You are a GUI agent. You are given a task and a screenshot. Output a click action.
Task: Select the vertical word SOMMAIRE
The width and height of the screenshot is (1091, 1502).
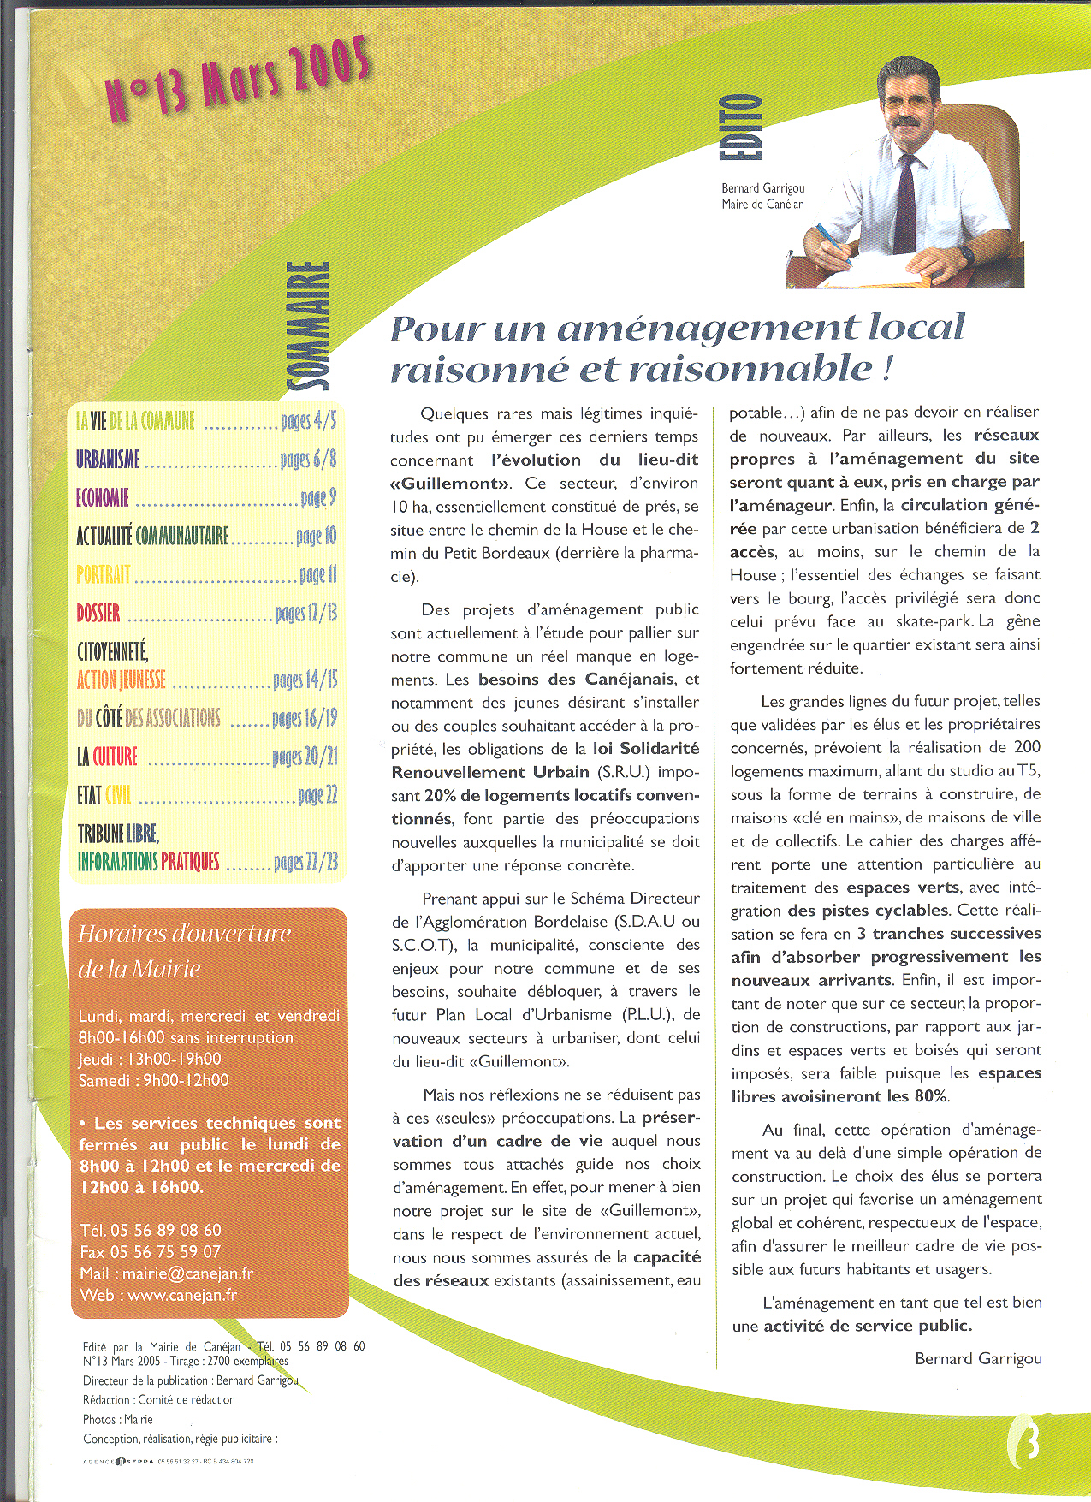[x=309, y=327]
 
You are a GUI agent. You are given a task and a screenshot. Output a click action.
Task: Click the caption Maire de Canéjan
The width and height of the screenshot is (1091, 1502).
[x=762, y=205]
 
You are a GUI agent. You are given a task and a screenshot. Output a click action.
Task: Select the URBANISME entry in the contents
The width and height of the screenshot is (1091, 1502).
[x=108, y=460]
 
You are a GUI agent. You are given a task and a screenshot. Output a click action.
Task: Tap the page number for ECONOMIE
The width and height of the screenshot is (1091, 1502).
[x=318, y=498]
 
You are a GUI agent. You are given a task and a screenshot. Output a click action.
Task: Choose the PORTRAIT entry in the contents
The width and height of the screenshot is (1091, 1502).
[x=104, y=574]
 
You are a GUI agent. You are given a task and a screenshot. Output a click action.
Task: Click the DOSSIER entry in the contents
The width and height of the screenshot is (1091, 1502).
[x=98, y=613]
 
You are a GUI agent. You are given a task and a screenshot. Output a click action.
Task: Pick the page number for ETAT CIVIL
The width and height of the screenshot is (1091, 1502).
[x=317, y=796]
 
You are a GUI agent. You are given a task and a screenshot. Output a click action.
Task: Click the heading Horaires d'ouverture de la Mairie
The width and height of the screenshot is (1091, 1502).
[x=184, y=951]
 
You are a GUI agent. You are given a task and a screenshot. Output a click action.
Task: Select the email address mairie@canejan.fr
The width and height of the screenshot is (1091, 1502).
[x=187, y=1273]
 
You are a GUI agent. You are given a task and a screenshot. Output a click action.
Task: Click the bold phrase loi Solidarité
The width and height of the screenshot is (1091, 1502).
[x=646, y=749]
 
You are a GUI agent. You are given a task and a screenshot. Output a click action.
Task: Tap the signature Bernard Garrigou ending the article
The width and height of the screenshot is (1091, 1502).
[x=978, y=1358]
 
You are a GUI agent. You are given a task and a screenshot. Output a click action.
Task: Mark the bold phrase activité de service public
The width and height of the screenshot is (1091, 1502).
[x=868, y=1326]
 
